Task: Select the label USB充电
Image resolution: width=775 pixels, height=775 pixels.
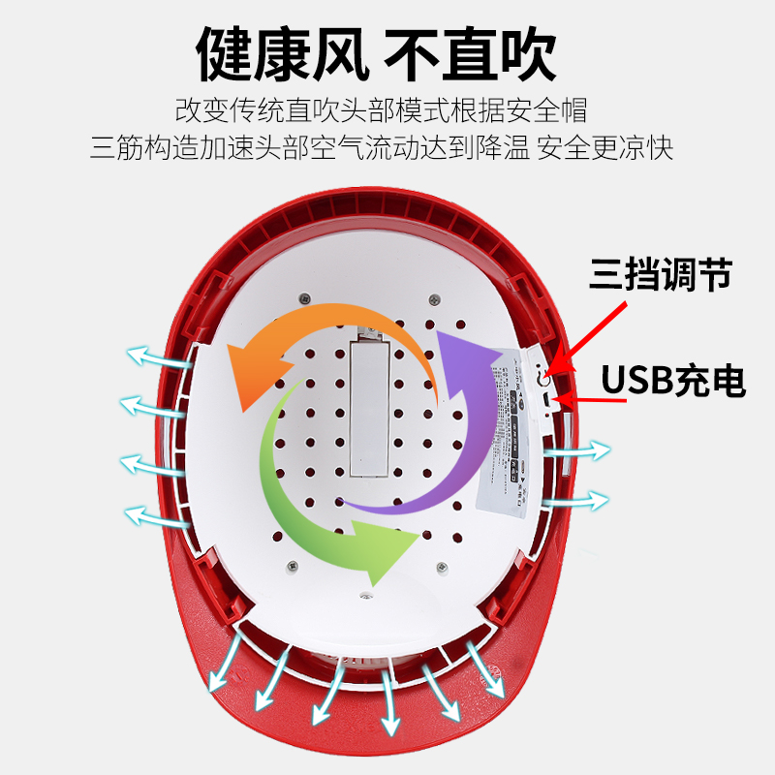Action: pos(674,381)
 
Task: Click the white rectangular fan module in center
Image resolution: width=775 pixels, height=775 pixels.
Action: pos(369,407)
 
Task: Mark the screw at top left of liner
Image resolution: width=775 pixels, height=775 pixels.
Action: pos(304,297)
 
